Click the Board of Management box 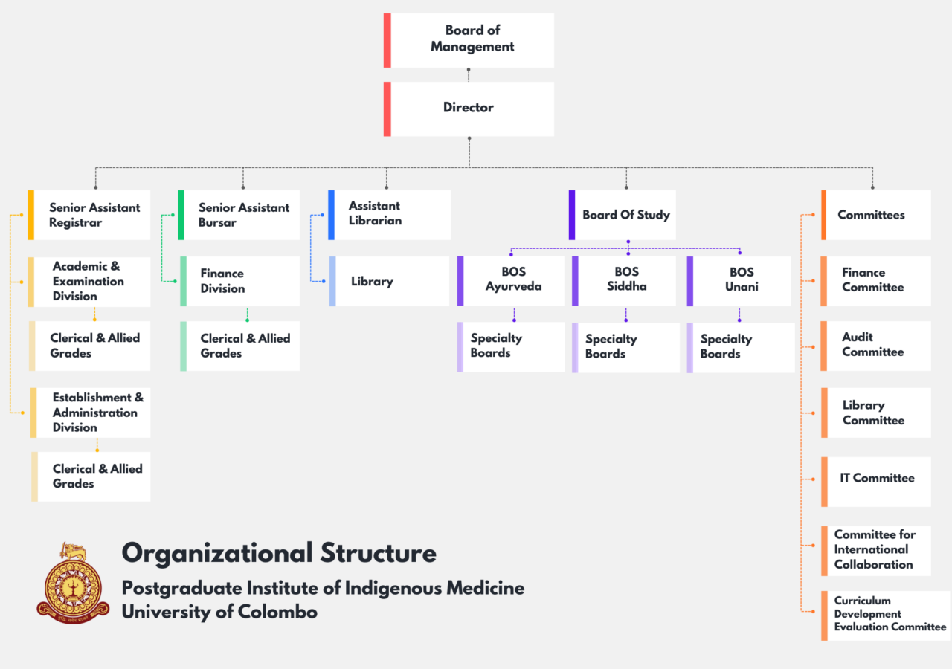(x=469, y=40)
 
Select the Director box (x=469, y=109)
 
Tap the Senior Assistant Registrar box (x=91, y=215)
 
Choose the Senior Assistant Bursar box (x=239, y=215)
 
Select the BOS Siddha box (x=625, y=281)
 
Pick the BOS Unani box (x=740, y=281)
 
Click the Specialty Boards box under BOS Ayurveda (x=512, y=346)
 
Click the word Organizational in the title (x=216, y=554)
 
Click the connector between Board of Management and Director (x=469, y=74)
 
